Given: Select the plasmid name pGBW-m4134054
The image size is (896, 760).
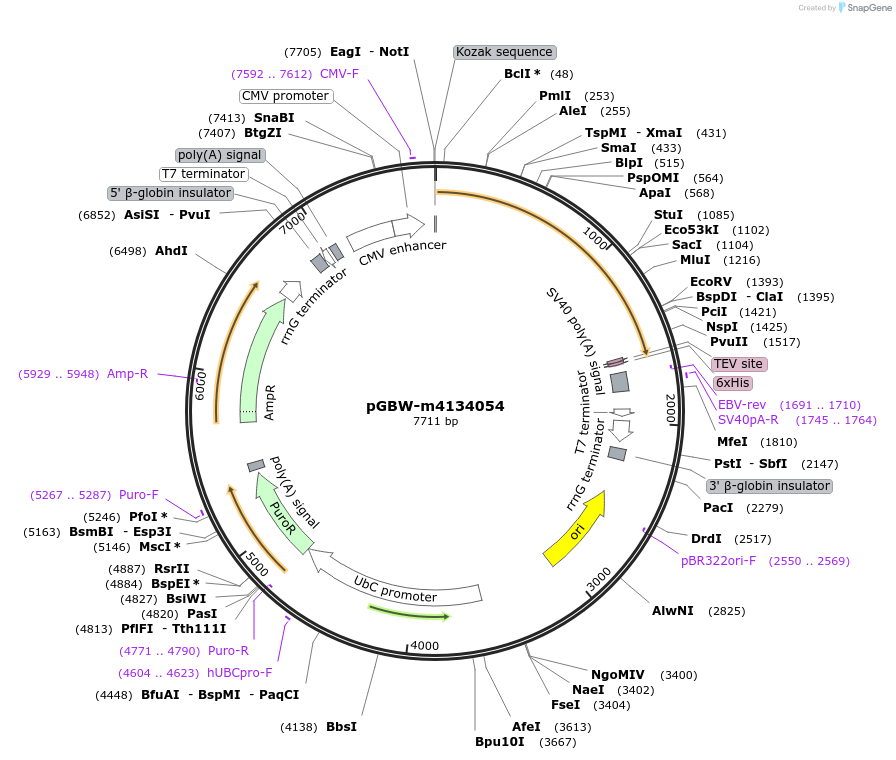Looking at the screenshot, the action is [435, 406].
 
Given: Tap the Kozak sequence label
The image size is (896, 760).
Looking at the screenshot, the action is [504, 52].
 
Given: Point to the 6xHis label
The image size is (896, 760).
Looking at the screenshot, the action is [733, 383].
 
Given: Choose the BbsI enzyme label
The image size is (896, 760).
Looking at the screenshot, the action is [341, 727].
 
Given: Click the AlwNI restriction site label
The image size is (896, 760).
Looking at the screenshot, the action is [673, 610].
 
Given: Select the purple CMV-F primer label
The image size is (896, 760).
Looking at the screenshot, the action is [339, 74].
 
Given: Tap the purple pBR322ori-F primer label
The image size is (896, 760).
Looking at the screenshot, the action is [719, 561].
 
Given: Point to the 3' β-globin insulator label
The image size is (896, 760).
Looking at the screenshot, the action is [769, 486].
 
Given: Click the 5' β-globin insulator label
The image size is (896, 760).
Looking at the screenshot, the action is [170, 193].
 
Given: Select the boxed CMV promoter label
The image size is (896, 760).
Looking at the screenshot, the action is [286, 96].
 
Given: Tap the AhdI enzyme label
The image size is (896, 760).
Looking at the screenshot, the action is [171, 250].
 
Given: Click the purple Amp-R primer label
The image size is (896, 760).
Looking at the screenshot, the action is [128, 374].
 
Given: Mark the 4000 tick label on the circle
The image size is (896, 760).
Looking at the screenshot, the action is [425, 646].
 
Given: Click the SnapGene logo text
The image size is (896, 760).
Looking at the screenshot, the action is [865, 8].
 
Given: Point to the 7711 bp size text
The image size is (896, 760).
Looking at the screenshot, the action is [435, 422].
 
